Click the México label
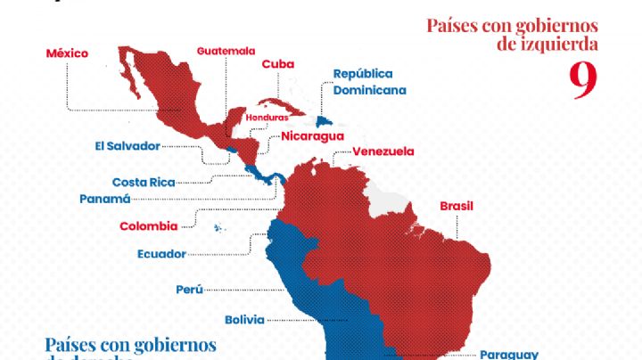(x=67, y=53)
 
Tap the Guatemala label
(x=226, y=51)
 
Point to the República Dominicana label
(x=369, y=82)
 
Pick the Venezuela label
(x=383, y=151)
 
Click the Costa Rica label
(x=144, y=182)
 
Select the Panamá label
(x=105, y=199)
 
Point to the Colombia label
(x=148, y=226)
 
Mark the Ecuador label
(x=161, y=254)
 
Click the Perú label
(x=189, y=289)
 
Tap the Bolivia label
(x=243, y=319)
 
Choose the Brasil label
(x=456, y=206)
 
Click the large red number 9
(x=582, y=83)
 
